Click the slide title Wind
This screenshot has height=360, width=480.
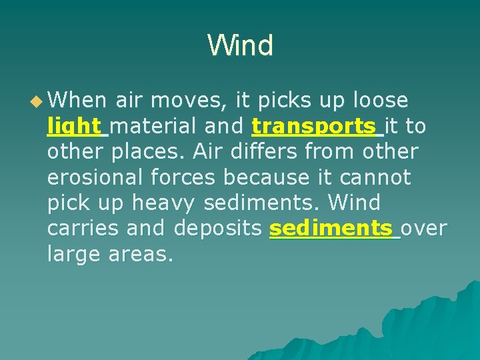pyautogui.click(x=240, y=46)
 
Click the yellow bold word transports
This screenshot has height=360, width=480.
pyautogui.click(x=314, y=126)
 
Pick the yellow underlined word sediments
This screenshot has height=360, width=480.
pyautogui.click(x=331, y=229)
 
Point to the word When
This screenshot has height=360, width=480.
pyautogui.click(x=77, y=101)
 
